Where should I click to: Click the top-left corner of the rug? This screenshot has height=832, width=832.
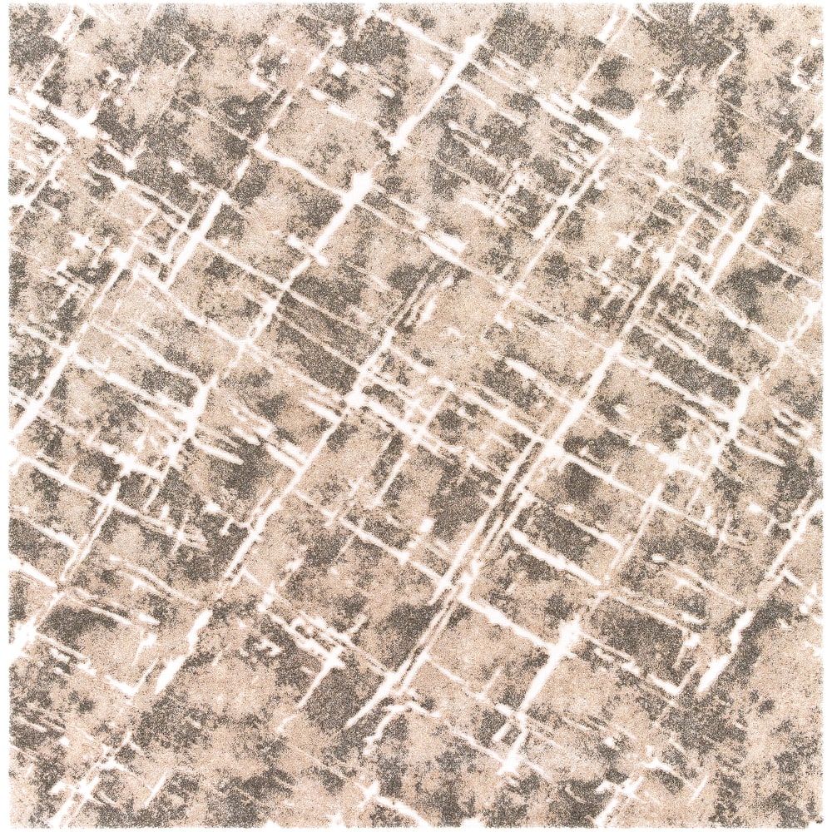point(10,7)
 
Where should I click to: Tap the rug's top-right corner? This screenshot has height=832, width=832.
point(822,7)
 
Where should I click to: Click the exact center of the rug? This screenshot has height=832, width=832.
point(416,416)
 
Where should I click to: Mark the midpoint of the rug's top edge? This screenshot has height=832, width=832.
point(416,6)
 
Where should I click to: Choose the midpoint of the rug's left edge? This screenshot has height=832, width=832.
point(9,416)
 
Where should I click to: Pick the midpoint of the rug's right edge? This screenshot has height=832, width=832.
point(823,416)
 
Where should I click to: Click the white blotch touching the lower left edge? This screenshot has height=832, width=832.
point(21,632)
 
